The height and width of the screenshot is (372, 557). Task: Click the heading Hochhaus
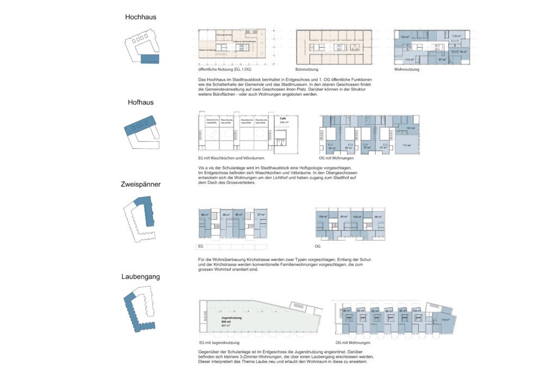pos(140,17)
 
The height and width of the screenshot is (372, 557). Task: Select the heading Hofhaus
pos(138,101)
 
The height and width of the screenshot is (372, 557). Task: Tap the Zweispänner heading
pos(140,185)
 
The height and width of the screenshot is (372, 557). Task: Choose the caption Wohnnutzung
pos(406,70)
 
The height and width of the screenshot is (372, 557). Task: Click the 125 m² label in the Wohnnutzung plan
pos(404,36)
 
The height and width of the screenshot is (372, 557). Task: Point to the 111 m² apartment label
pos(406,145)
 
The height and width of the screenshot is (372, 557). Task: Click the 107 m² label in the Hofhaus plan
pos(410,129)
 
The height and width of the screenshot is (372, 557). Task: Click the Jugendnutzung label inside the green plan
pos(231,316)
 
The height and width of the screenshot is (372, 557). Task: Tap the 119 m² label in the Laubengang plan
pos(445,320)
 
